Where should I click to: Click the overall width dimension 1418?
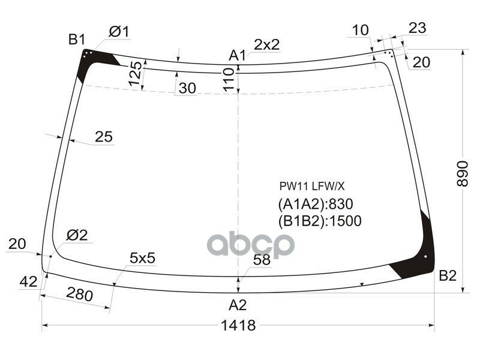238,326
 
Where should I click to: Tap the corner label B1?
76,40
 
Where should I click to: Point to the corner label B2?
448,275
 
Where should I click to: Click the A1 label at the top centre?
238,56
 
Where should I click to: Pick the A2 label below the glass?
238,305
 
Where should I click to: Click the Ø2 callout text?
77,236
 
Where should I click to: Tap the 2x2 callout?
267,44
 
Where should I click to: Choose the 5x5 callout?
142,258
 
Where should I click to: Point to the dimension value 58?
262,260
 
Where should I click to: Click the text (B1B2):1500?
319,221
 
